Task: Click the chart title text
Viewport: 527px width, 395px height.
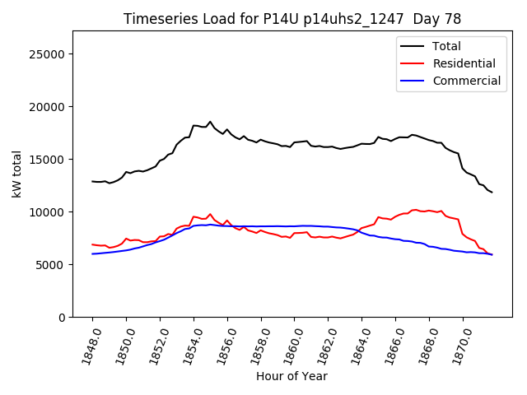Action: click(x=292, y=19)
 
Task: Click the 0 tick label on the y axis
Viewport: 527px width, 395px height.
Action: click(x=62, y=318)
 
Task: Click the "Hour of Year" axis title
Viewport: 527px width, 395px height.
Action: click(x=291, y=376)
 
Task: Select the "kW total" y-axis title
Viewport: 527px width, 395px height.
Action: click(x=16, y=174)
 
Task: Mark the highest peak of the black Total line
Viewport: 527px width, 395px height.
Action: click(x=210, y=122)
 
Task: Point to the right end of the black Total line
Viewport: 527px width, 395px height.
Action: click(x=492, y=192)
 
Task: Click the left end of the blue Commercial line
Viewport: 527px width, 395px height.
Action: click(x=93, y=253)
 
